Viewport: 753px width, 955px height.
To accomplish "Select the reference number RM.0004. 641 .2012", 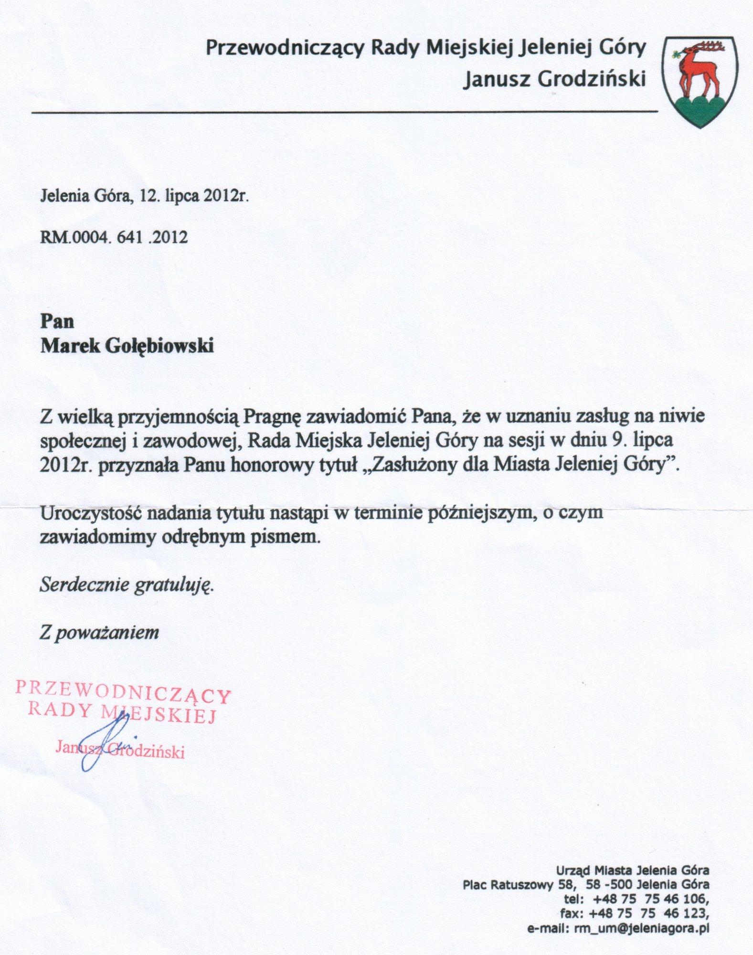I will pos(114,237).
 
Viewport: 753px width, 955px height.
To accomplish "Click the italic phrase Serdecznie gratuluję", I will pos(127,585).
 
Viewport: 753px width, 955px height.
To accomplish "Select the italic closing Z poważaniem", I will pos(99,633).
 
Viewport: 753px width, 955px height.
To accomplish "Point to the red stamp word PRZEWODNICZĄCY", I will pos(123,692).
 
